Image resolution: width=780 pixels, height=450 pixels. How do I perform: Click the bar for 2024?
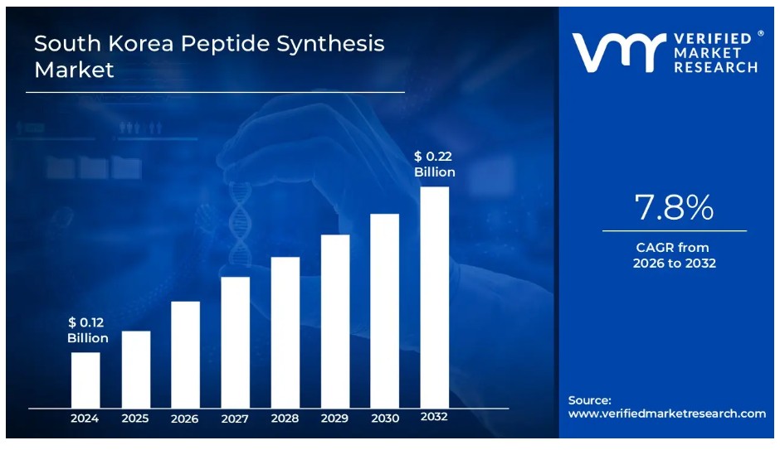pyautogui.click(x=85, y=380)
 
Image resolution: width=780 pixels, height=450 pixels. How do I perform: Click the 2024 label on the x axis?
pyautogui.click(x=85, y=419)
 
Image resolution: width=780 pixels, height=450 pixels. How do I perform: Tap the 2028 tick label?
pyautogui.click(x=285, y=419)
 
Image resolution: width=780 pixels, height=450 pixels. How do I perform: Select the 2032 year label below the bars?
pyautogui.click(x=434, y=417)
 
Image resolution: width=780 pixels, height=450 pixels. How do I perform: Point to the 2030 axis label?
pyautogui.click(x=384, y=419)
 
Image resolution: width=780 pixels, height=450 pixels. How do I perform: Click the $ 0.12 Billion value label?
pyautogui.click(x=88, y=330)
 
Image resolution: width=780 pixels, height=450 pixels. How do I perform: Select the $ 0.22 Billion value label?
pyautogui.click(x=435, y=164)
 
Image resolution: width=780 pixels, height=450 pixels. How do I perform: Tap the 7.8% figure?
pyautogui.click(x=674, y=208)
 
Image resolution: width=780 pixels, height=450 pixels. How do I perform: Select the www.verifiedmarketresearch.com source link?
pyautogui.click(x=667, y=414)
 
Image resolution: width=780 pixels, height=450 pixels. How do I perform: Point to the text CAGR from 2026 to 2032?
pyautogui.click(x=674, y=255)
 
